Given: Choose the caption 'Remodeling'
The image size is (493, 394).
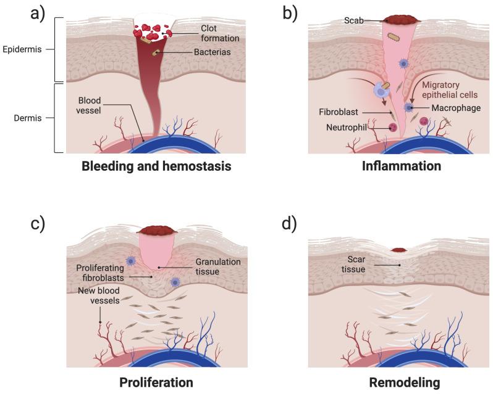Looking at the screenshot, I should (405, 382).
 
